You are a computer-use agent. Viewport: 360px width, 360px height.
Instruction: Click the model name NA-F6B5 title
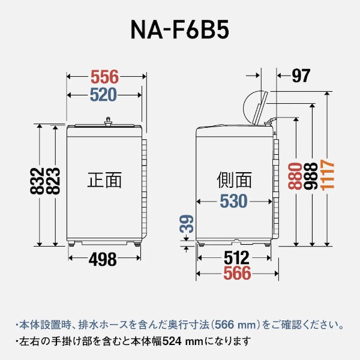coord(179,30)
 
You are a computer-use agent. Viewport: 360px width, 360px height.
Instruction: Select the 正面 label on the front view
coord(104,180)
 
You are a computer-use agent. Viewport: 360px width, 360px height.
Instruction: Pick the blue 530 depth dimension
coord(233,202)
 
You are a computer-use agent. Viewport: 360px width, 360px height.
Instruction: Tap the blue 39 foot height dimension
coord(187,224)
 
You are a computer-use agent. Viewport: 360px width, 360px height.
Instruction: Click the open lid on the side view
coord(257,107)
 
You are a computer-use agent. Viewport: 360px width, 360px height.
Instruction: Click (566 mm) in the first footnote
coord(227,325)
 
